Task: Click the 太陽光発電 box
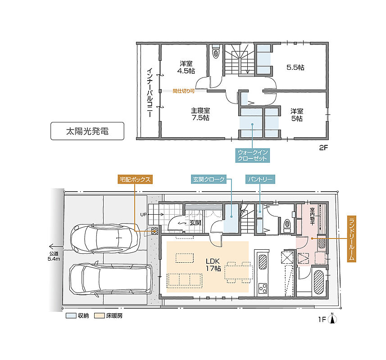coord(87,131)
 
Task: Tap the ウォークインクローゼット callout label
coord(252,155)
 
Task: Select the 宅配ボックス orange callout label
coord(135,180)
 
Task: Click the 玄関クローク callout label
coord(209,179)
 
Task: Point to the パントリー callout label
coord(260,179)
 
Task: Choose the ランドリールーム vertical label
coord(351,239)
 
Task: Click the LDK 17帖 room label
coord(213,265)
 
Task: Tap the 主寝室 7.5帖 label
coord(200,114)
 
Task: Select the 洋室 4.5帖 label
coord(186,67)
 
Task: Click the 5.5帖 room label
coord(295,67)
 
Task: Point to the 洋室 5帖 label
coord(297,115)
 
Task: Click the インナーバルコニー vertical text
coord(150,92)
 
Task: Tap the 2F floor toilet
coord(216,52)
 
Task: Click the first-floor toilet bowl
coord(287,225)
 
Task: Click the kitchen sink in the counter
coord(263,261)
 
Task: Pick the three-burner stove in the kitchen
coord(263,288)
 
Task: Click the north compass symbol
coord(332,319)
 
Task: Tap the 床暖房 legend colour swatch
coord(100,316)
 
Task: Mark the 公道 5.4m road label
coord(54,256)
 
